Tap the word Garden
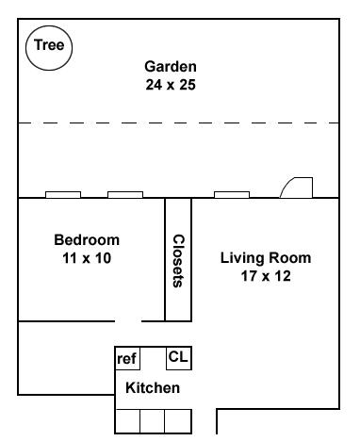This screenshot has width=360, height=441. point(171,67)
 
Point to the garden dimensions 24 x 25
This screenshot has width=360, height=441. point(171,85)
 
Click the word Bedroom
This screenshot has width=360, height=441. point(87,240)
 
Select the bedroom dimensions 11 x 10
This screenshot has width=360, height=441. point(87,258)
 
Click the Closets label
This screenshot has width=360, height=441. point(178,261)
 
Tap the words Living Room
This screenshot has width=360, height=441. point(266,258)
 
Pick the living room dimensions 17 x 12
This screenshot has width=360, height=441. point(266,276)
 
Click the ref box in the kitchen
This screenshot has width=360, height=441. point(127,358)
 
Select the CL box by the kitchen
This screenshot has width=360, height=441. point(179,358)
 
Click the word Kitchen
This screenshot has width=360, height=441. point(153,388)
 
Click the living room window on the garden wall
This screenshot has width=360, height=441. point(232,195)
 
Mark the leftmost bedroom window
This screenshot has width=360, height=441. point(63,195)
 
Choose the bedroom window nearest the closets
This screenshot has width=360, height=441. point(125,195)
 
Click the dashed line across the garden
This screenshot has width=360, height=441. point(178,122)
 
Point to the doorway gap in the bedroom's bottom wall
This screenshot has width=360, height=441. point(128,321)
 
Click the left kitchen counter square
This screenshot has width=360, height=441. point(127,421)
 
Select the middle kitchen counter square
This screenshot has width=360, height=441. point(153,421)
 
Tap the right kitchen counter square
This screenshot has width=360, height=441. point(178,421)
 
